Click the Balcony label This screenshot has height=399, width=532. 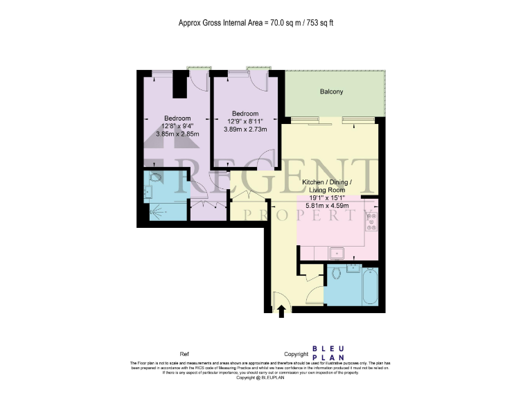(331, 91)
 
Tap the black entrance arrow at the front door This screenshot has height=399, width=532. (281, 313)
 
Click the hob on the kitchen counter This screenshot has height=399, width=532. (371, 220)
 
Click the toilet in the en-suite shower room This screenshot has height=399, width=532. (154, 177)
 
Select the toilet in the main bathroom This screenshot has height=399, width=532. (337, 274)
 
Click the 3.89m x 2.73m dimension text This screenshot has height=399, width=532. (245, 129)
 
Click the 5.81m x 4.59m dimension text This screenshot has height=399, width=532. (327, 206)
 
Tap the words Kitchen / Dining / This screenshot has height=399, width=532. (327, 182)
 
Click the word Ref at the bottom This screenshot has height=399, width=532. (184, 353)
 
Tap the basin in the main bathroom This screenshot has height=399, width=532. (353, 267)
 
